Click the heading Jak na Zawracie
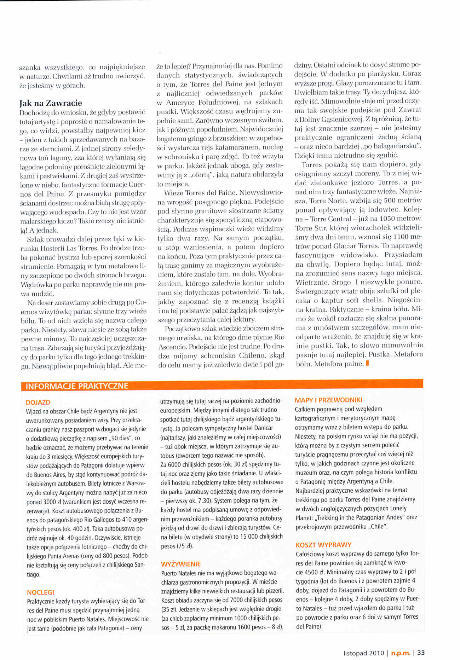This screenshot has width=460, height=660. [x=51, y=103]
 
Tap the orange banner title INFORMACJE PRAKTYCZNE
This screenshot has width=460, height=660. [x=77, y=386]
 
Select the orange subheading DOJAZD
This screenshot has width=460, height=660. [x=38, y=402]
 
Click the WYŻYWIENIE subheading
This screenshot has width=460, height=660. [x=181, y=564]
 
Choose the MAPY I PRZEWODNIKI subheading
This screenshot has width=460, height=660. [x=328, y=400]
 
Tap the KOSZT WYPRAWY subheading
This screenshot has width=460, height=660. [x=323, y=545]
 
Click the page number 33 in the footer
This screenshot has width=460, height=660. [x=421, y=653]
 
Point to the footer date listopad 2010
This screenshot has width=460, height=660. [x=364, y=653]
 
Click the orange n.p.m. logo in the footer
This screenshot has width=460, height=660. [x=401, y=653]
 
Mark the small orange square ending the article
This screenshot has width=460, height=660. [x=368, y=363]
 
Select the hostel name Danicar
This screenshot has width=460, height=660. [x=263, y=428]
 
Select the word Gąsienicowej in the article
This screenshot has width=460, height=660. [x=340, y=119]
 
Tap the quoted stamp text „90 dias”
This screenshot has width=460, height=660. [x=116, y=438]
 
